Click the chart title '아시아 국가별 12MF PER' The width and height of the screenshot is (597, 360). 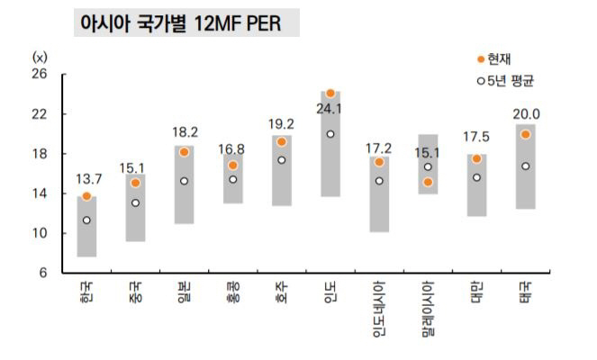tap(184, 24)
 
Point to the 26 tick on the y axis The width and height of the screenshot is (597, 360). tap(40, 75)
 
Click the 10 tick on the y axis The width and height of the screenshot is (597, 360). tap(40, 233)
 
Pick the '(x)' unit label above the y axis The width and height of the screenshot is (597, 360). tap(40, 57)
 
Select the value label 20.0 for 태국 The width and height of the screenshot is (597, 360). tap(526, 114)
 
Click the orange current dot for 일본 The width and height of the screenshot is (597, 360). tap(184, 152)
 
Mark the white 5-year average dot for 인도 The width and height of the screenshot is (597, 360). tap(330, 134)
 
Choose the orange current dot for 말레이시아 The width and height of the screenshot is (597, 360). tap(428, 182)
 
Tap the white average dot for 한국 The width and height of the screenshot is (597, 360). tap(86, 220)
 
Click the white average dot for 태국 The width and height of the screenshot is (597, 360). tap(525, 166)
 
